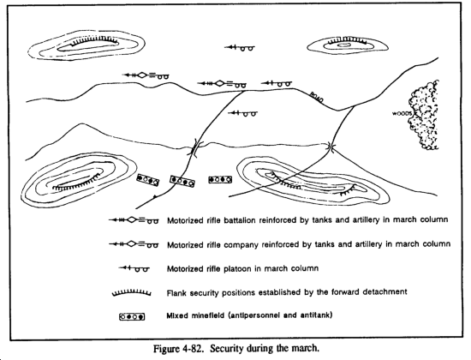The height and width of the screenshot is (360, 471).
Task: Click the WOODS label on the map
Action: click(x=402, y=114)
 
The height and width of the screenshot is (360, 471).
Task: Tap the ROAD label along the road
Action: click(x=317, y=98)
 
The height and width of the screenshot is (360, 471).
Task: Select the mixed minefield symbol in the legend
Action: click(x=132, y=316)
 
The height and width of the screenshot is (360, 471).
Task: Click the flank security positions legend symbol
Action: click(x=131, y=292)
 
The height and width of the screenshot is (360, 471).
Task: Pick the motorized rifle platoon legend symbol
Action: click(x=134, y=268)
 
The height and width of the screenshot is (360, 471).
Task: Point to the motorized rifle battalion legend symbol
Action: click(x=134, y=220)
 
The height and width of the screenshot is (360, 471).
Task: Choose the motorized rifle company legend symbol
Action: click(x=134, y=244)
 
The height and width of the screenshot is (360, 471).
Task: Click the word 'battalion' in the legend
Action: click(x=236, y=220)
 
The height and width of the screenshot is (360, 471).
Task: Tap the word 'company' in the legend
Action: click(x=238, y=245)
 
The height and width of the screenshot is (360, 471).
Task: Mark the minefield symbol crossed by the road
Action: click(x=182, y=182)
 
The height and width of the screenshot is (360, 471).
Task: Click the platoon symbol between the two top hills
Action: click(x=240, y=47)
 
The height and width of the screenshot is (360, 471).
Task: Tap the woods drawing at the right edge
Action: click(x=424, y=115)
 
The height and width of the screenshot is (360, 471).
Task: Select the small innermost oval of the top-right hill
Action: click(x=343, y=45)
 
